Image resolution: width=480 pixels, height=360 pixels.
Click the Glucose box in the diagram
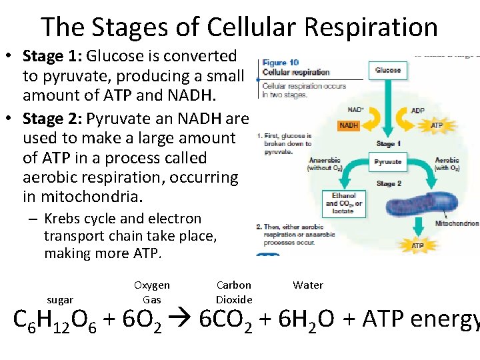(x=388, y=70)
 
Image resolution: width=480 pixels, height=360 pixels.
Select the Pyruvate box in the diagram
(x=388, y=162)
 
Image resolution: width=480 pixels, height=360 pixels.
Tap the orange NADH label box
(x=349, y=125)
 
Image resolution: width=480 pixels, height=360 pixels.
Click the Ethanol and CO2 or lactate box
(x=344, y=204)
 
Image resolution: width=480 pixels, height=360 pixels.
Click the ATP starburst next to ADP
(x=437, y=125)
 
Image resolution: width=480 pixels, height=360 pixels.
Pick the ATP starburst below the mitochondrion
(x=417, y=246)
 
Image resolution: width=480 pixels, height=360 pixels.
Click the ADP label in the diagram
(x=418, y=111)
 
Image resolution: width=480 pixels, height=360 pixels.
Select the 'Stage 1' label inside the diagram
(x=389, y=144)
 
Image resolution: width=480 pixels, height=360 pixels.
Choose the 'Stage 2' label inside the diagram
(x=389, y=183)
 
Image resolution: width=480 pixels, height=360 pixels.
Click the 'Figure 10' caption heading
(x=280, y=63)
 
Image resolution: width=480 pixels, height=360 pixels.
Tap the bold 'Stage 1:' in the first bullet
(x=53, y=57)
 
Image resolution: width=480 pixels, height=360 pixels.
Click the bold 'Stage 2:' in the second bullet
(x=53, y=119)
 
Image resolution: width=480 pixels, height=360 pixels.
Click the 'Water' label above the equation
(x=308, y=285)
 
